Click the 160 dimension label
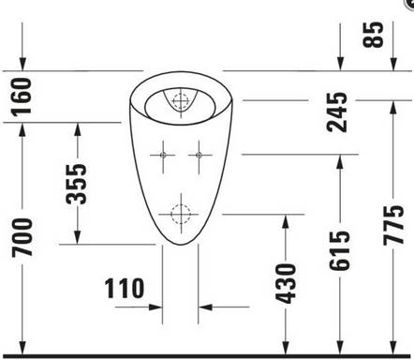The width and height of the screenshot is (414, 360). [x=21, y=96]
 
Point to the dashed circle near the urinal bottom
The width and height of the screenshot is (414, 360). [x=180, y=213]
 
